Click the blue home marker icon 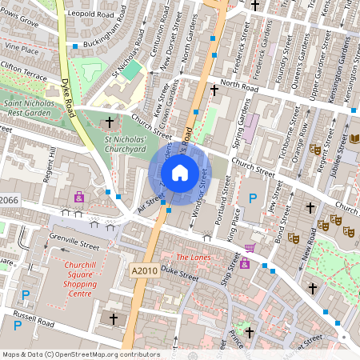[x=180, y=172]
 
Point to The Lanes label [x=192, y=258]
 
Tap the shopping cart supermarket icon [x=250, y=249]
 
